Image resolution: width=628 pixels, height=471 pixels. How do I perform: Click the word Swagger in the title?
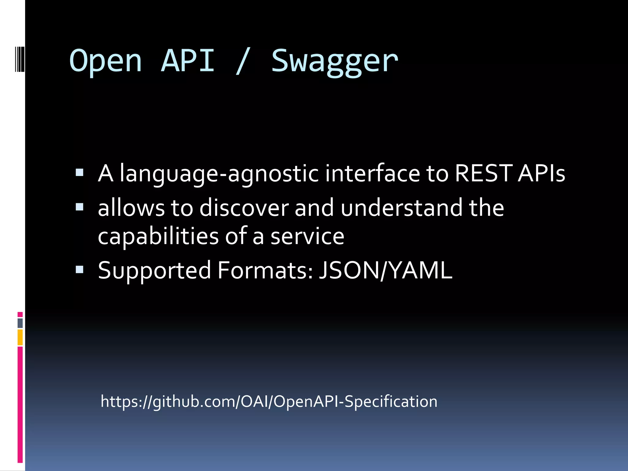(x=335, y=61)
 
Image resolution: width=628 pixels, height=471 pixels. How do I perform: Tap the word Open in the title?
(x=106, y=61)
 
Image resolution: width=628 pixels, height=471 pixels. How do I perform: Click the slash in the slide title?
(x=242, y=61)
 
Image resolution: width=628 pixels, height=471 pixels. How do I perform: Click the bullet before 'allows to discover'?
(x=79, y=207)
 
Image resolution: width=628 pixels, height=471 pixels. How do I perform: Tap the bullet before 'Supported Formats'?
(x=79, y=270)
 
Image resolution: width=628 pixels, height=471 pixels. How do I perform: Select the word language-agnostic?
(x=219, y=174)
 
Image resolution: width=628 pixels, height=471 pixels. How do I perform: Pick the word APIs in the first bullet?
(x=541, y=173)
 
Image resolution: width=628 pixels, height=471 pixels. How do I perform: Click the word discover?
(x=244, y=208)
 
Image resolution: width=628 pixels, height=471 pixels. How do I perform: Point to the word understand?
(x=401, y=208)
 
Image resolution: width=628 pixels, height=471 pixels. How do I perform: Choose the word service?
(x=307, y=237)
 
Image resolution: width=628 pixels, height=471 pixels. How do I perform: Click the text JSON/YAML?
(x=385, y=270)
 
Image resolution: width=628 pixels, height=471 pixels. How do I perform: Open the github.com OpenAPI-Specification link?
(x=269, y=401)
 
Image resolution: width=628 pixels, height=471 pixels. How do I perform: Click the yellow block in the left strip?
(x=20, y=337)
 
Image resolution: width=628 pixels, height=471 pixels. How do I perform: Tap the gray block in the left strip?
(x=20, y=323)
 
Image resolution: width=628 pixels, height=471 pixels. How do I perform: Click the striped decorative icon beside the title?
(x=20, y=58)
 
